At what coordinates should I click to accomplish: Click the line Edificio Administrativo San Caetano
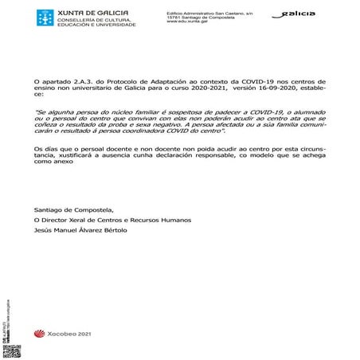[208, 13]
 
